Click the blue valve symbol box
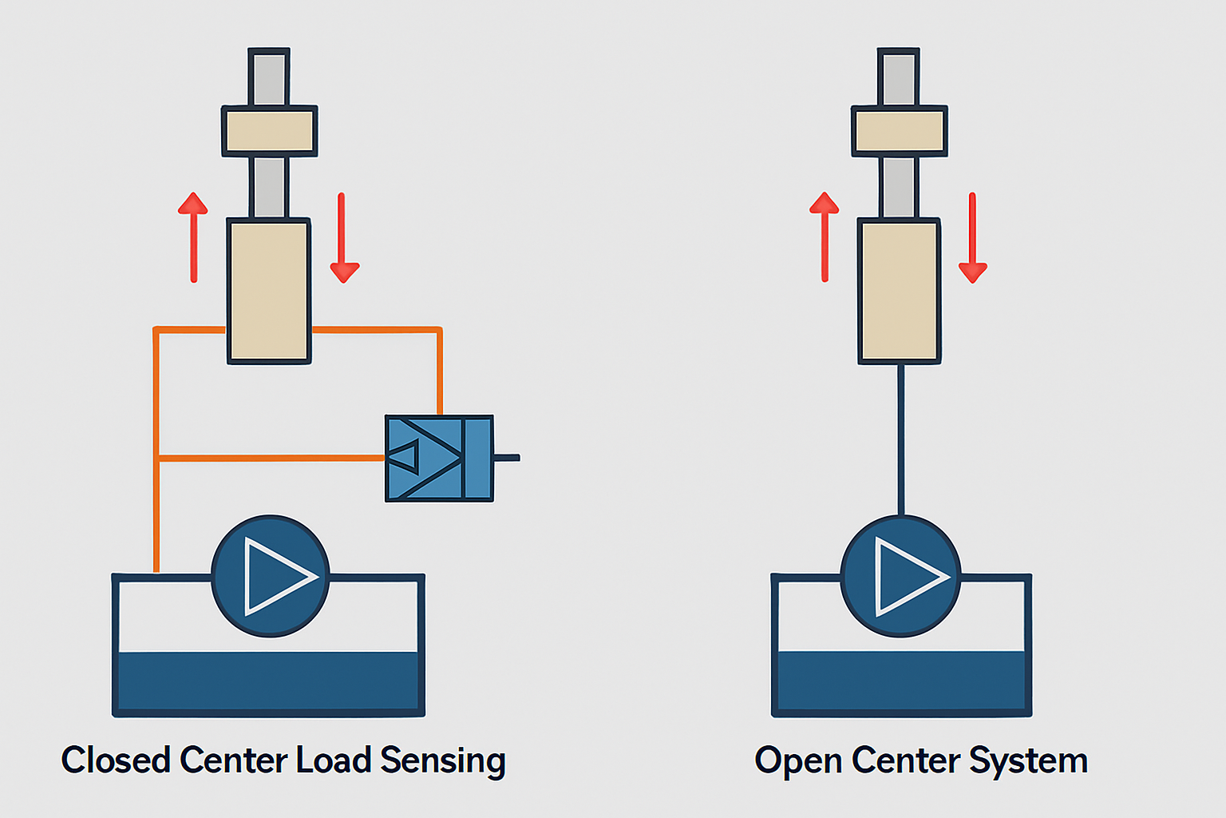439,458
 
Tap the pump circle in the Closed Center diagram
271,576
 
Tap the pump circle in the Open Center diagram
900,576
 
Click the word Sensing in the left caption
442,760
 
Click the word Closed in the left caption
116,760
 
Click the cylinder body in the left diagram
269,291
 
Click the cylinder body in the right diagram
900,291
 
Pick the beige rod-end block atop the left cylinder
269,131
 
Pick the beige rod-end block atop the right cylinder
900,131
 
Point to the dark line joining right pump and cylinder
901,439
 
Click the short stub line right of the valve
507,458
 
